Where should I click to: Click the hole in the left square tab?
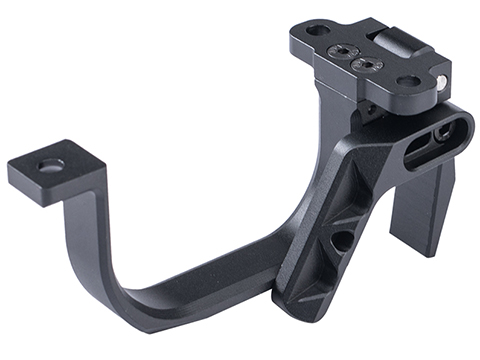point(50,163)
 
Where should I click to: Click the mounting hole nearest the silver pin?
point(408,80)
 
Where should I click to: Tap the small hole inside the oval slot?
point(439,132)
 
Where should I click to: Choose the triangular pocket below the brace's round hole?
point(318,275)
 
